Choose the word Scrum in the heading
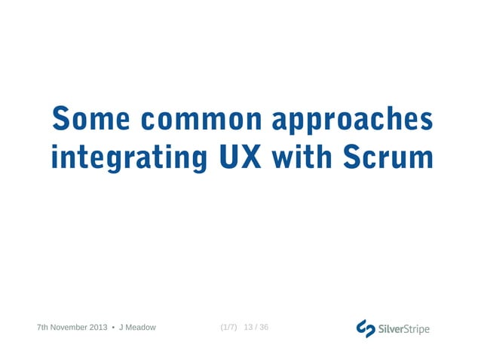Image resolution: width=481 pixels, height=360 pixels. click(x=388, y=157)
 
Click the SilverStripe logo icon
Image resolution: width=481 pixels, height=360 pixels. click(x=366, y=328)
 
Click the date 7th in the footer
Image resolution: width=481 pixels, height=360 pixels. click(x=43, y=328)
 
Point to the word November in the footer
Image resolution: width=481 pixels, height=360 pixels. click(x=71, y=328)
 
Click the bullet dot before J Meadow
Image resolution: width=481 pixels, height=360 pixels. click(x=113, y=328)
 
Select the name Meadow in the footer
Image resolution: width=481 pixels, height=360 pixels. click(x=140, y=328)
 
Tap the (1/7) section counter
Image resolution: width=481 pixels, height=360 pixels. click(x=228, y=328)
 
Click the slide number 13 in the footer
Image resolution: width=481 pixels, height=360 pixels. click(x=249, y=328)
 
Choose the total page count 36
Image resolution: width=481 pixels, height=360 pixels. click(x=263, y=328)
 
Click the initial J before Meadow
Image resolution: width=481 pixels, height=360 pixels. click(x=121, y=328)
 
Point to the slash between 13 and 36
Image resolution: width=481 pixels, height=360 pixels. click(x=256, y=328)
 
